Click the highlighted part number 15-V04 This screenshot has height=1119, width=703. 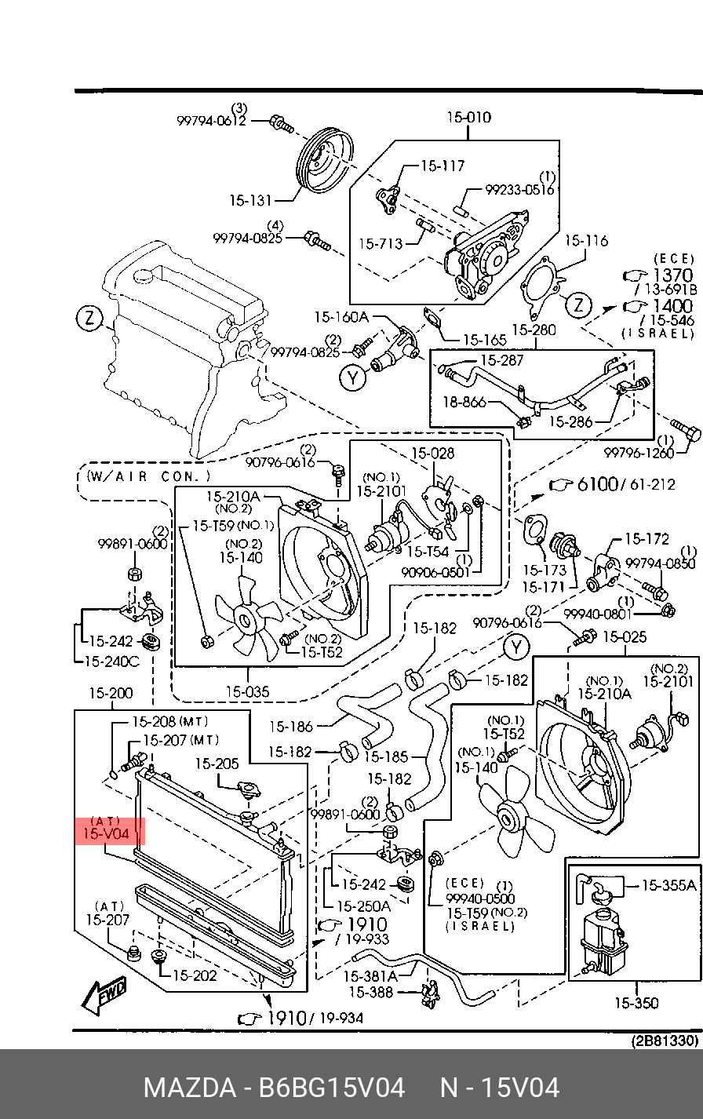point(105,833)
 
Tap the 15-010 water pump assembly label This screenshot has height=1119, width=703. point(469,118)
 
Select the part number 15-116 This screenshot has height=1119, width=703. point(586,240)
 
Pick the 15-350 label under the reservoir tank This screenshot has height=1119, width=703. point(636,1003)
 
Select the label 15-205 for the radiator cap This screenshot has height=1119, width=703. point(217,764)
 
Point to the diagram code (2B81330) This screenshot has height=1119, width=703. point(665,1041)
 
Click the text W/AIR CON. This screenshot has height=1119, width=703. point(149,476)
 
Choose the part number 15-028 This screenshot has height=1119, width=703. point(432,454)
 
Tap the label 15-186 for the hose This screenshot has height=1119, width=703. point(290,727)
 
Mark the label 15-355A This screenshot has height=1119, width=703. point(668,885)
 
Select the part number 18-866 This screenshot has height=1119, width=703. point(464,403)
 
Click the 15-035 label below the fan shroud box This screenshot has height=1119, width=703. point(247,691)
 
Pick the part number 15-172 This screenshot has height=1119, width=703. point(647,539)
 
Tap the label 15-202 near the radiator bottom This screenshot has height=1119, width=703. point(194,975)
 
